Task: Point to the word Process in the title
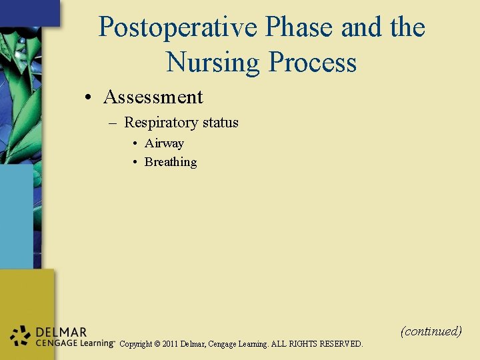tap(312, 63)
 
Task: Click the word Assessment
tap(153, 97)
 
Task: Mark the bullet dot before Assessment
tap(88, 98)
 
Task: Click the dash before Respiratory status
tap(112, 123)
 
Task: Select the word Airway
tap(164, 143)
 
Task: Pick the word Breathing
tap(171, 162)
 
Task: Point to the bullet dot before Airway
tap(135, 144)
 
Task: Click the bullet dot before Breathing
tap(135, 163)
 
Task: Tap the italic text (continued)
tap(431, 331)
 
